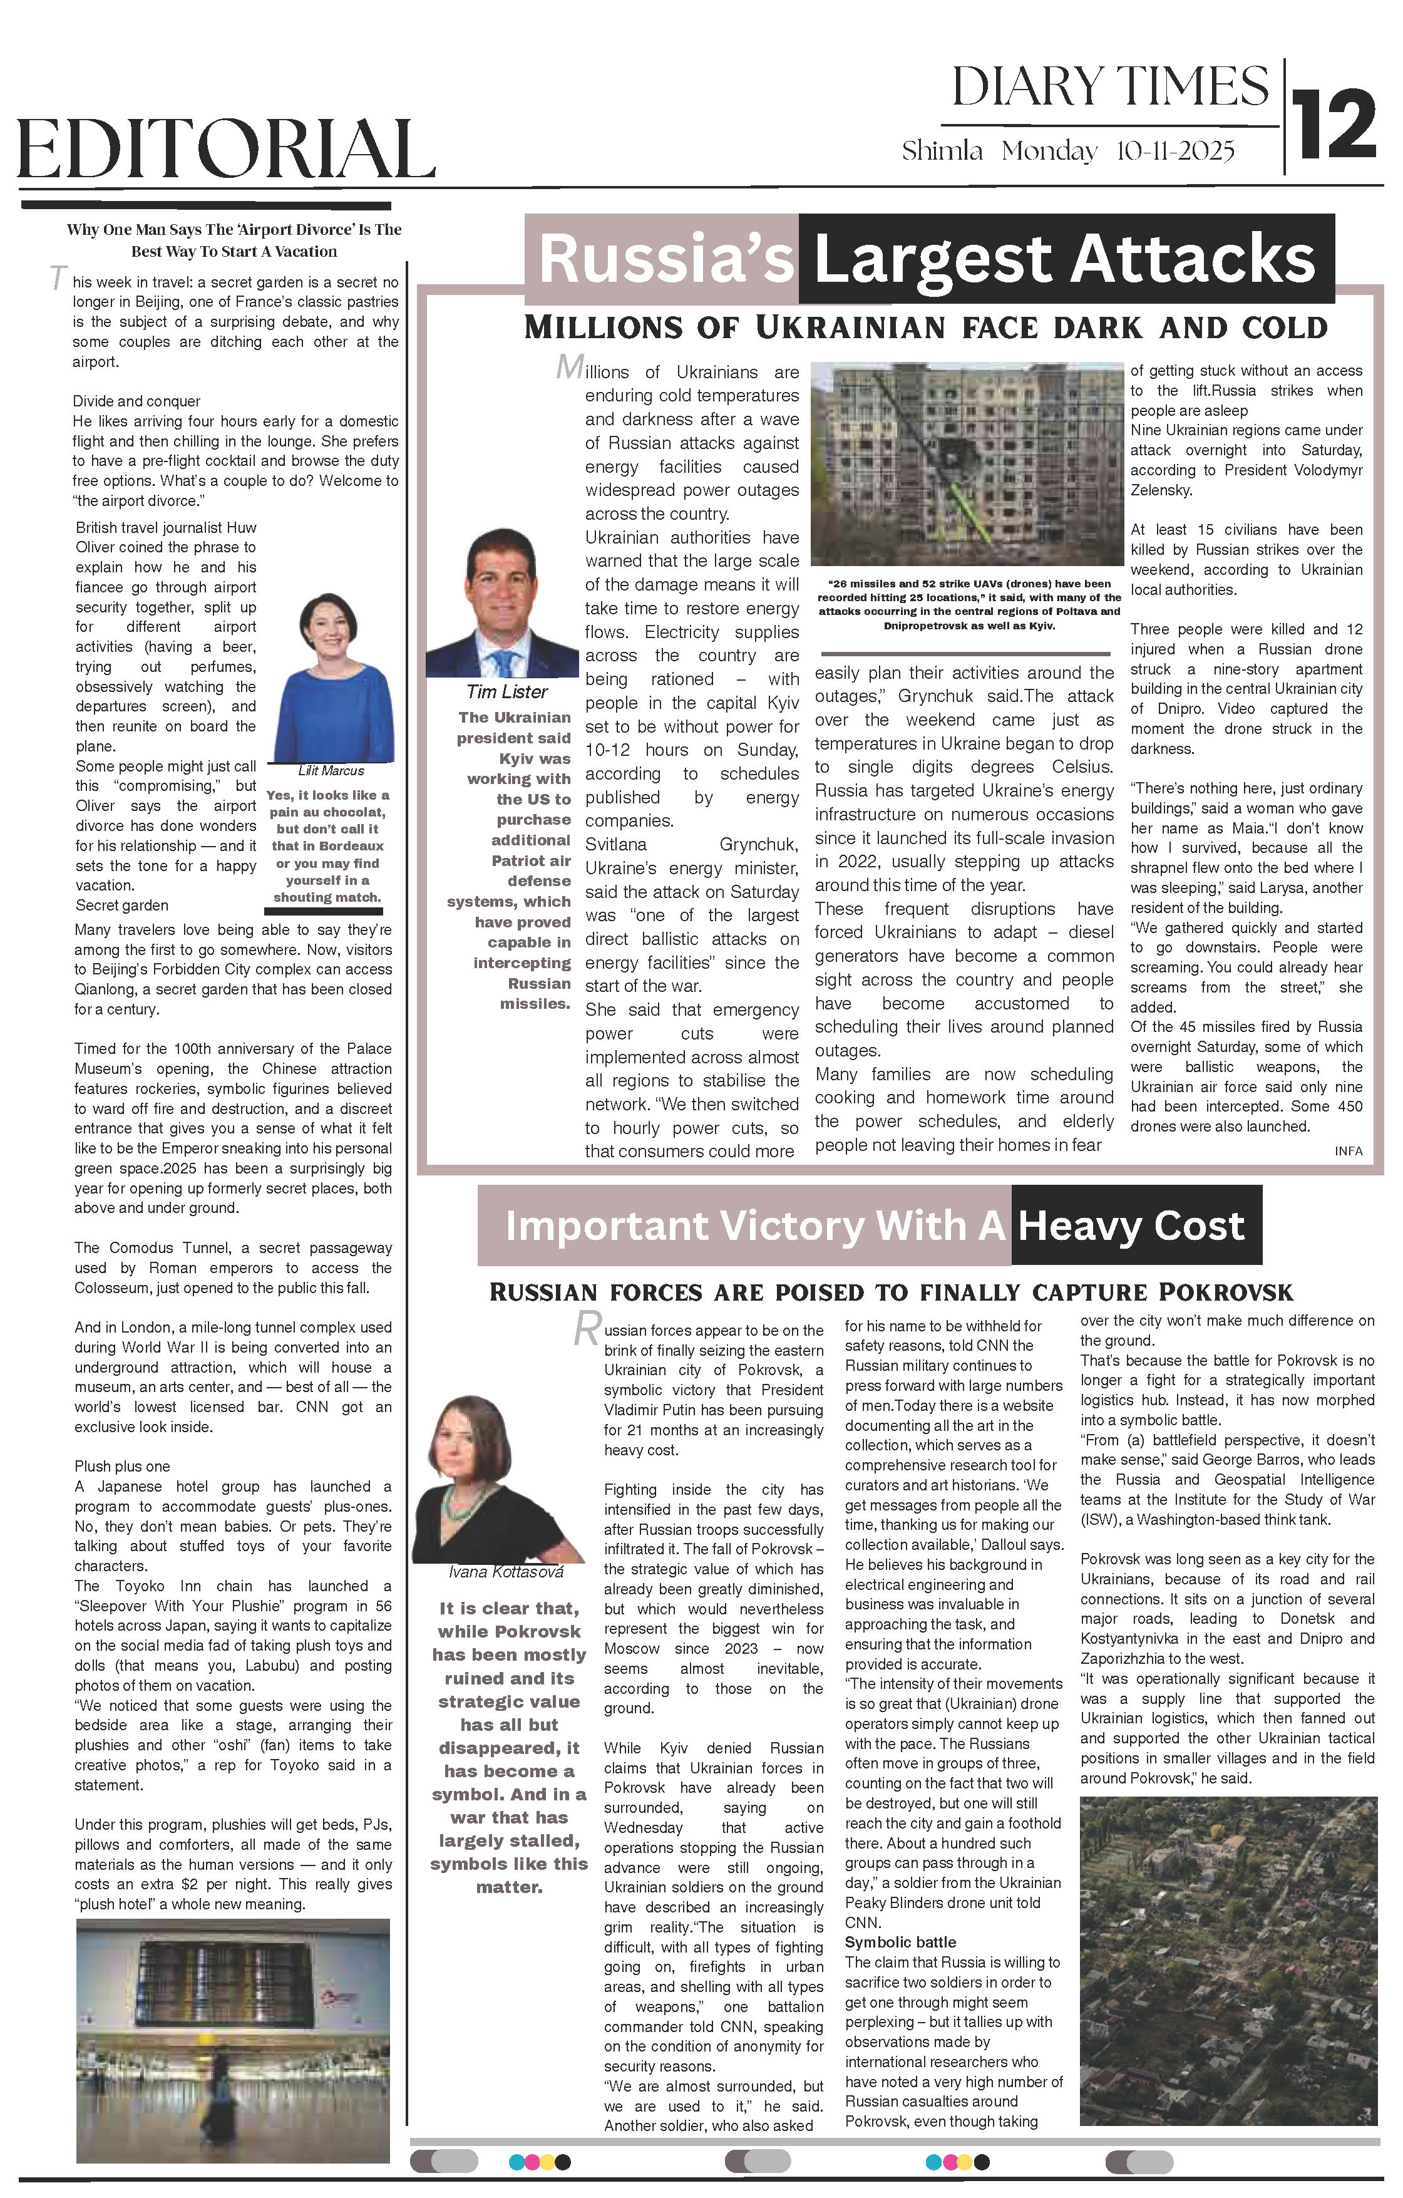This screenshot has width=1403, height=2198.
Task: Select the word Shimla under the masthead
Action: click(942, 151)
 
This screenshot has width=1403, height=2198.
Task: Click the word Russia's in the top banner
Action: click(666, 259)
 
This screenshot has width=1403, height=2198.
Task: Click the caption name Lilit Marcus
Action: click(331, 770)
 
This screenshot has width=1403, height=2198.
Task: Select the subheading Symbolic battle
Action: click(900, 1943)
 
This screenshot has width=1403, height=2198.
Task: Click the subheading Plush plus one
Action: click(122, 1467)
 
